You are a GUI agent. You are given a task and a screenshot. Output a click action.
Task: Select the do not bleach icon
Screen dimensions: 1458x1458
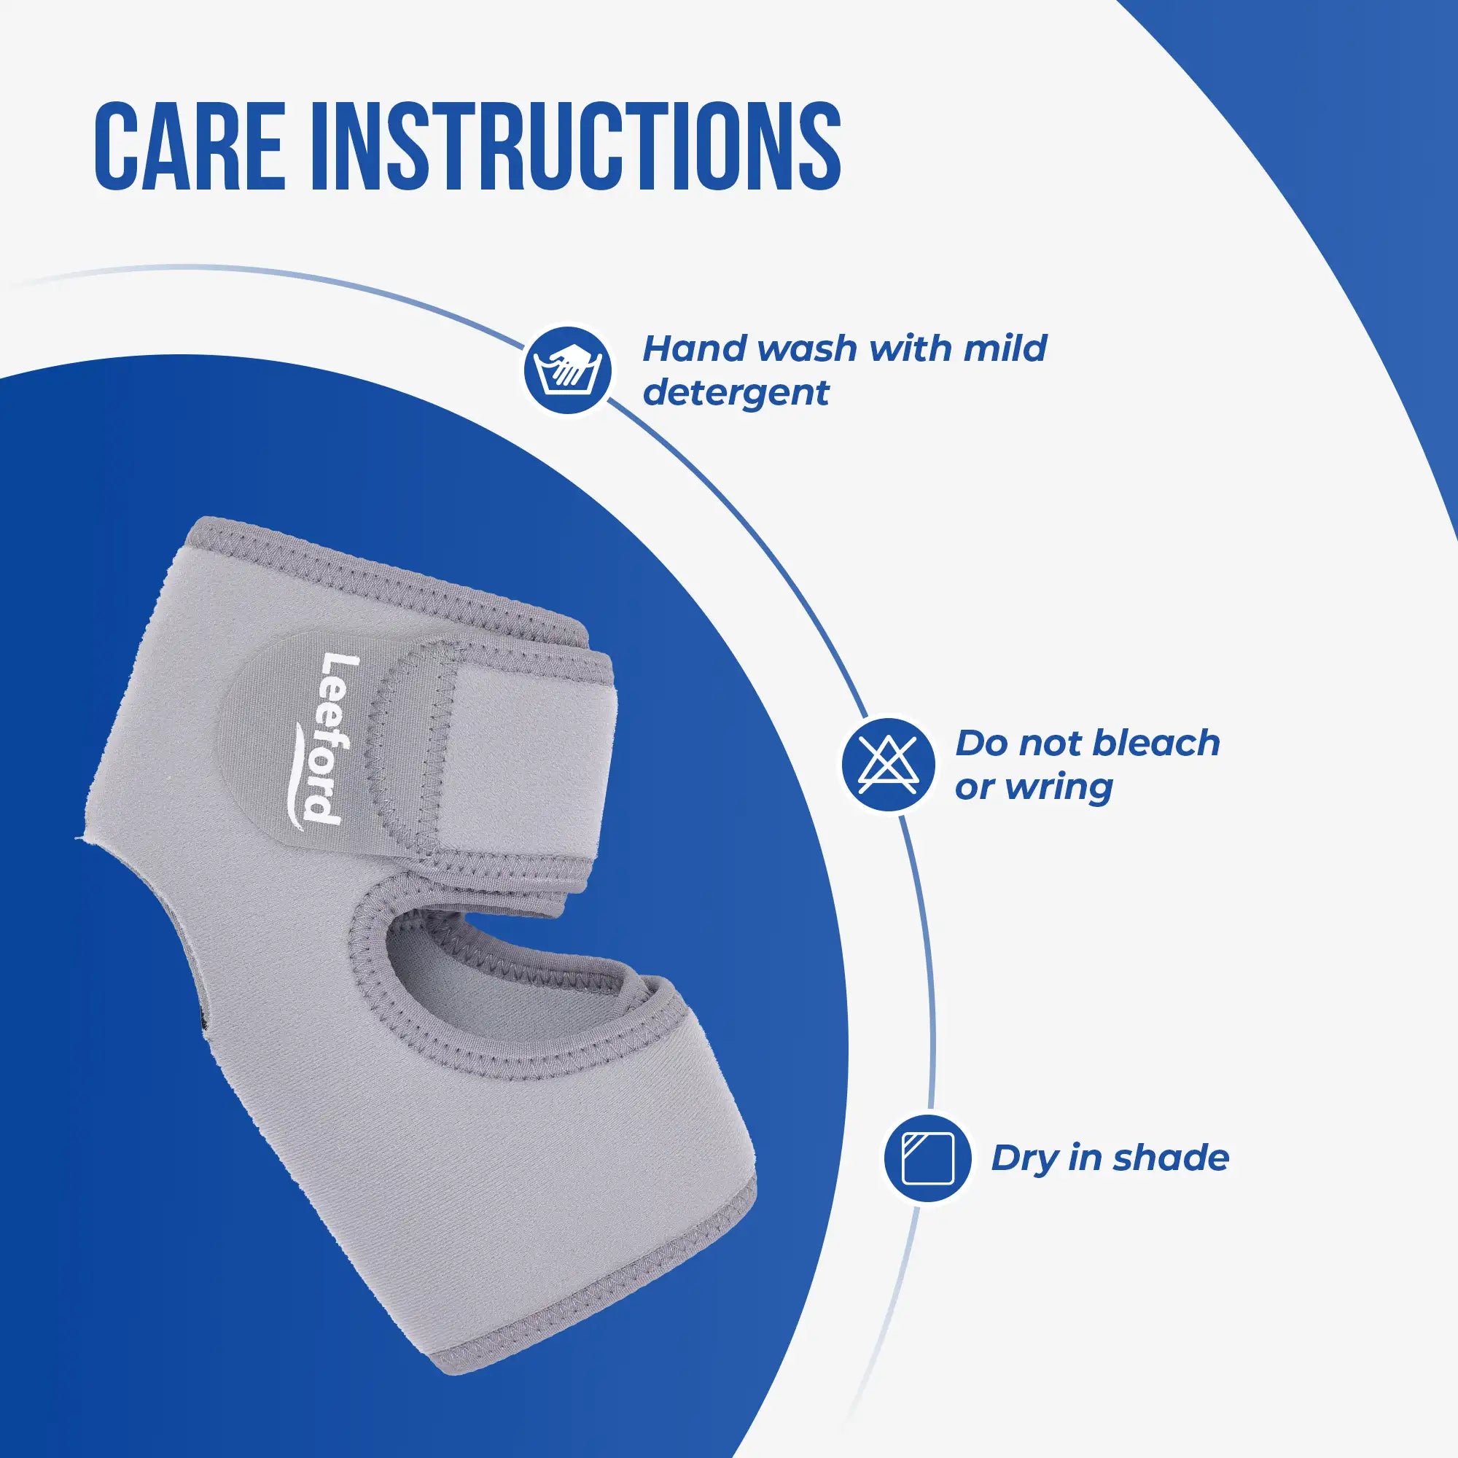pos(888,764)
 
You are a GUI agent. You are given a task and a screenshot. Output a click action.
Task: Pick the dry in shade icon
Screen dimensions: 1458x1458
pos(928,1158)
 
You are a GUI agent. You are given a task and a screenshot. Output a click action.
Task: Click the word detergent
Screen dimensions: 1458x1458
pos(736,392)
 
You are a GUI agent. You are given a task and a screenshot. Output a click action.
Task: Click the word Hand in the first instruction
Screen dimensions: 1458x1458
pos(695,348)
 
